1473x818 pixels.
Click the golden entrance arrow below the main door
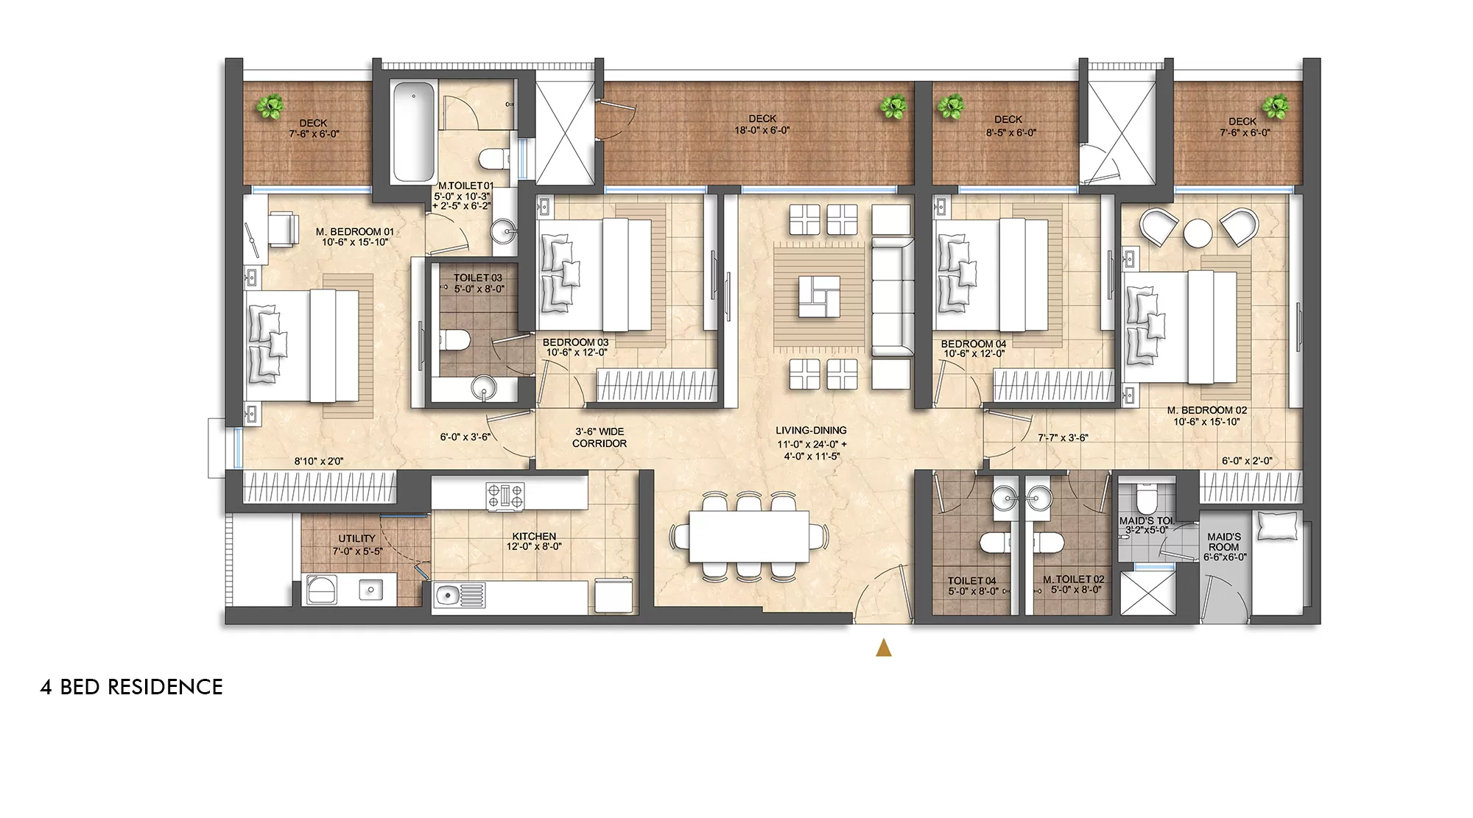click(884, 648)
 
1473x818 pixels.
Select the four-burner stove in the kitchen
click(505, 495)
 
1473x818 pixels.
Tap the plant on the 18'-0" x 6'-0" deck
click(893, 107)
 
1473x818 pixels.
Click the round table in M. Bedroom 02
click(1198, 233)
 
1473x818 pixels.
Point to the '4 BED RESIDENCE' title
click(131, 687)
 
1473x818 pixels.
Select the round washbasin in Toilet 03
click(484, 386)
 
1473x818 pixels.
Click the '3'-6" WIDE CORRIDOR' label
click(600, 437)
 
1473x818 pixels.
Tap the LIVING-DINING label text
click(811, 431)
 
